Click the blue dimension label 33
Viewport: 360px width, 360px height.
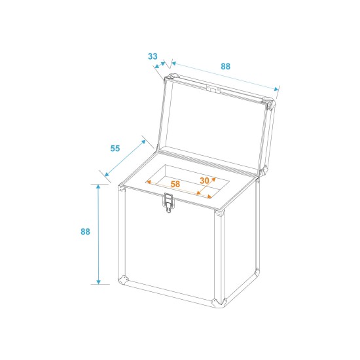pos(153,56)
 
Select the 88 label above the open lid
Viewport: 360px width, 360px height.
pos(225,66)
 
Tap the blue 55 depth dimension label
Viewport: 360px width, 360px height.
pos(115,149)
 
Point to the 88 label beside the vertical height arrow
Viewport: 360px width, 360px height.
pos(85,232)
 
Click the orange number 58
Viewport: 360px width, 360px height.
pos(175,184)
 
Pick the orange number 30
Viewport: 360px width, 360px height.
pos(204,181)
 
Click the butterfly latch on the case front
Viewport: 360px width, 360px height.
pos(168,202)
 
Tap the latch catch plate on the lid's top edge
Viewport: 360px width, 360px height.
pos(213,89)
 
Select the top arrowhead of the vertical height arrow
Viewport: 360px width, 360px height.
pos(98,187)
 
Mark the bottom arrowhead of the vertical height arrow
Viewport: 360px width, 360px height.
pos(98,282)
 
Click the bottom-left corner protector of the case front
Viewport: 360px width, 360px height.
pos(123,280)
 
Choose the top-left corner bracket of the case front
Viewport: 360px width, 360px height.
pos(122,189)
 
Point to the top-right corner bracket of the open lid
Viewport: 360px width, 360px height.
pos(269,103)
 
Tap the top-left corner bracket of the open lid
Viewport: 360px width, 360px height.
pos(171,77)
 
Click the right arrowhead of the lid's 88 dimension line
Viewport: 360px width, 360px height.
pos(276,89)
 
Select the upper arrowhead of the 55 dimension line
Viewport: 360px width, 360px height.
pos(143,141)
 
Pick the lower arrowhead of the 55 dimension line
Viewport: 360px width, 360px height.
pos(107,175)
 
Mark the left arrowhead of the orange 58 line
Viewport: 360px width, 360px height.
pos(149,182)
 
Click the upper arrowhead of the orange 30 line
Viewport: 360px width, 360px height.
pos(213,179)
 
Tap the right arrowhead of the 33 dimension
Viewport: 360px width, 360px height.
pos(163,63)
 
